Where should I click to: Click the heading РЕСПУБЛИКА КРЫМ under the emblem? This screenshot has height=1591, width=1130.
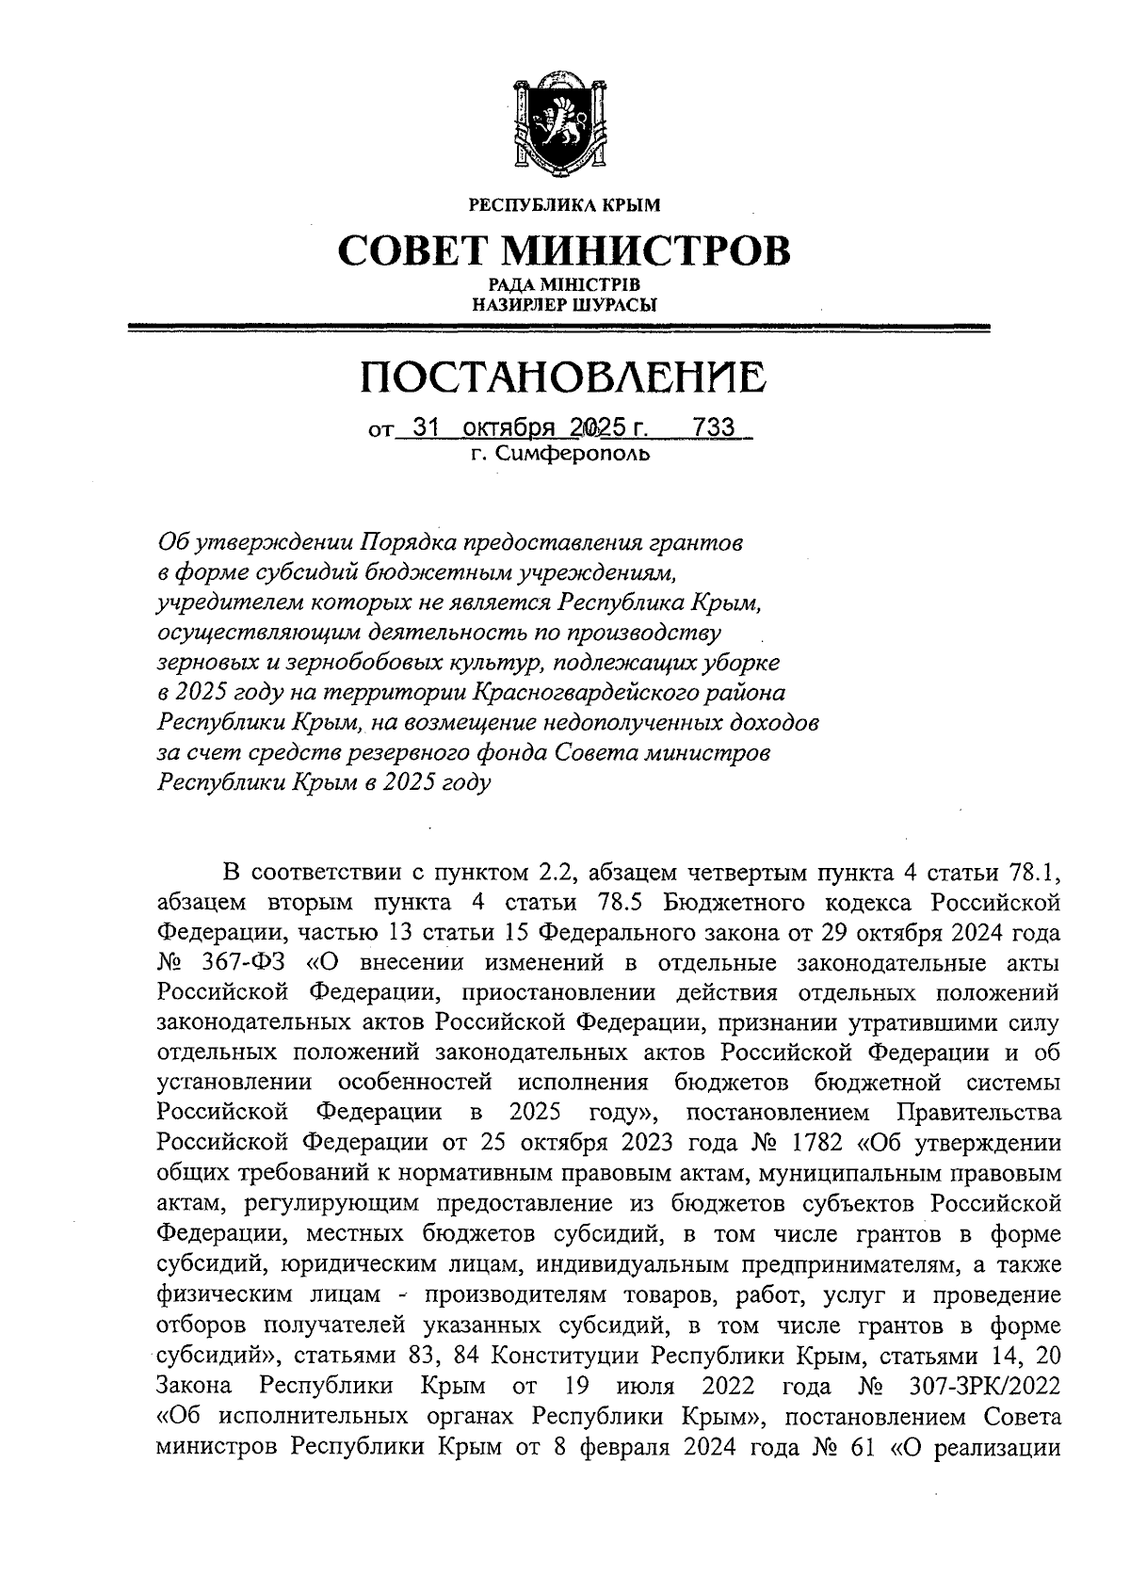[x=564, y=204]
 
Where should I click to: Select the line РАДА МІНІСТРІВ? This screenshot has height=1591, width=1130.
[x=564, y=284]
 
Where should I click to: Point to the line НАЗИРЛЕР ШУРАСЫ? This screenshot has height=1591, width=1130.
[x=564, y=304]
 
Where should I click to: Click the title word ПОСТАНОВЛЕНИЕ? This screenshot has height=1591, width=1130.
[x=564, y=378]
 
